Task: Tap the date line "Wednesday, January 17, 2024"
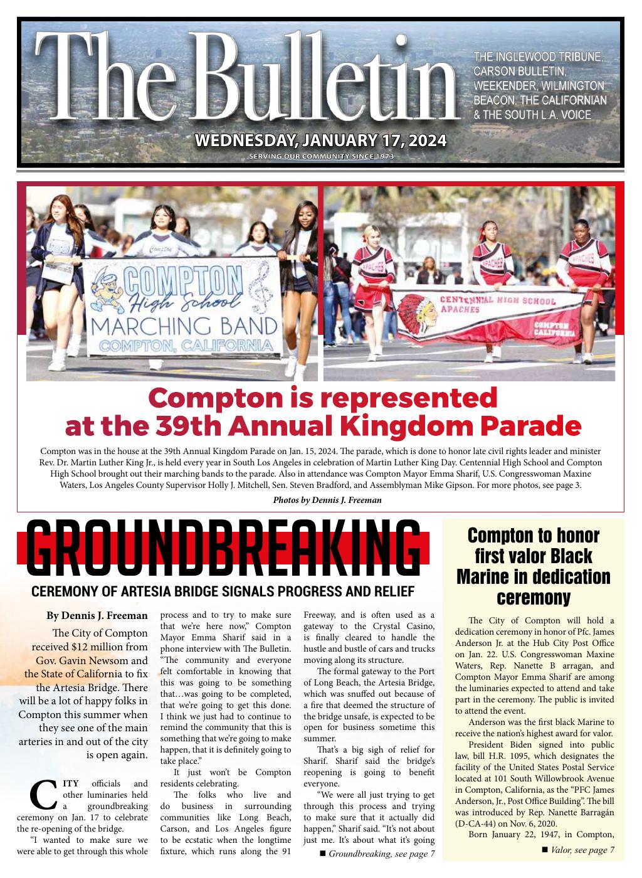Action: (x=321, y=140)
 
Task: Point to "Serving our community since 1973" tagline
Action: (x=321, y=156)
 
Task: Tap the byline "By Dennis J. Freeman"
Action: (x=97, y=615)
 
